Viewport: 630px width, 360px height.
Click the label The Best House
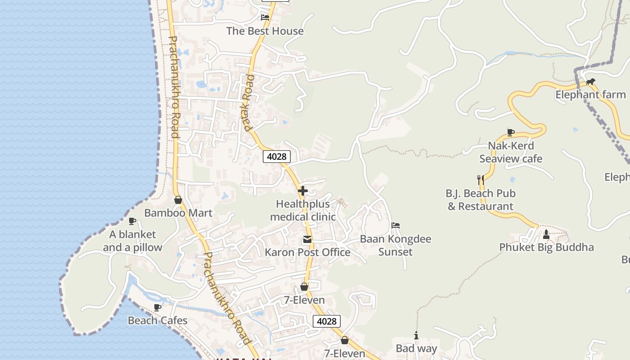tap(265, 31)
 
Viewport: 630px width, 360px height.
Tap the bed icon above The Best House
tap(265, 18)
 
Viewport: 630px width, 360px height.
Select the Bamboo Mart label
tap(178, 213)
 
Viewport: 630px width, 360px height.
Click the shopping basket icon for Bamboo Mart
tap(178, 200)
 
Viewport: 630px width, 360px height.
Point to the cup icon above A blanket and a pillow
tap(132, 221)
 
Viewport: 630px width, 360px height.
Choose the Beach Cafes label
tap(157, 320)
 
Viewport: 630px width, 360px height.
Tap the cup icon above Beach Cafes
tap(157, 307)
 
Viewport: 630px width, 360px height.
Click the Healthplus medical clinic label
tap(303, 210)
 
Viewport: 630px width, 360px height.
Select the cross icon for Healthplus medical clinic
tap(303, 191)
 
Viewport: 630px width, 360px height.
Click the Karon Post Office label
tap(307, 252)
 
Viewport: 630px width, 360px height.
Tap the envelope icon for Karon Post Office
tap(307, 239)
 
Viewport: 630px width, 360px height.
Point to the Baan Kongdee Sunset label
tap(396, 245)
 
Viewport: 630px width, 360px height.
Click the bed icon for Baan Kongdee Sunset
tap(396, 225)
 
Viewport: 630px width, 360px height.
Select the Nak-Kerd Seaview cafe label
tap(511, 152)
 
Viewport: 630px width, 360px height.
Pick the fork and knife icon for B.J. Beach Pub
tap(481, 180)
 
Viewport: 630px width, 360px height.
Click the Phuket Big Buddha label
tap(546, 247)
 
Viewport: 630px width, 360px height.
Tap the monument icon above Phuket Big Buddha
tap(546, 234)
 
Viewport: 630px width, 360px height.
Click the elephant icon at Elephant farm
tap(590, 82)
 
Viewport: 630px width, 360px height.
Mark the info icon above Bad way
tap(416, 335)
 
